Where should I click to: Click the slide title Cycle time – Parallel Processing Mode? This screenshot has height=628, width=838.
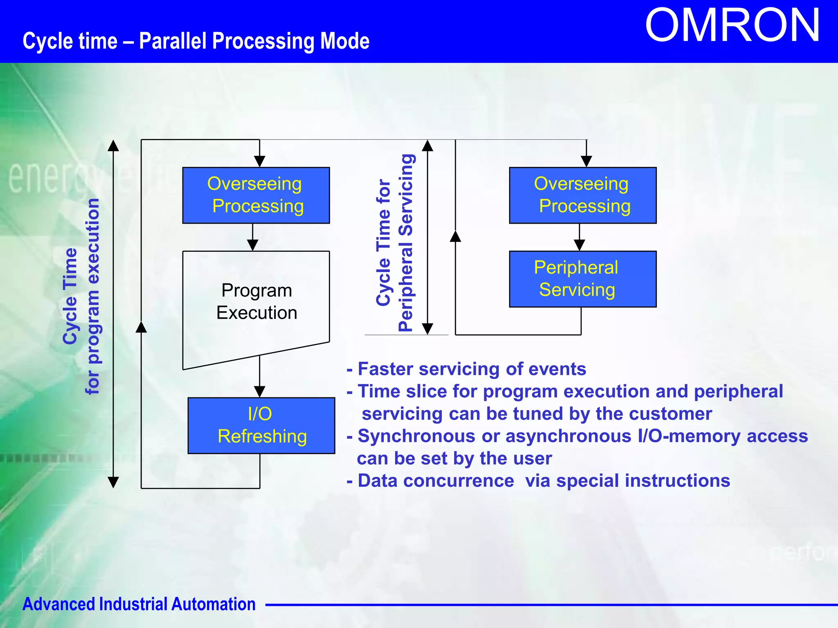[196, 41]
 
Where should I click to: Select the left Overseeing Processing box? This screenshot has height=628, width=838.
[256, 195]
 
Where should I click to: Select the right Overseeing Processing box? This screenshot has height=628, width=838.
[582, 195]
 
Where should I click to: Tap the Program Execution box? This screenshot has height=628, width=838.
[256, 302]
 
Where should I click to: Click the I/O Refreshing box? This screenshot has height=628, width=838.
[261, 425]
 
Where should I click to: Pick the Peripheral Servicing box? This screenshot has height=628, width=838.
[582, 279]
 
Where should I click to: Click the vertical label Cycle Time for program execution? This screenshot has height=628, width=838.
[81, 296]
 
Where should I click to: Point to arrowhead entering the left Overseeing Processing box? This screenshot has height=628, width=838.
[259, 162]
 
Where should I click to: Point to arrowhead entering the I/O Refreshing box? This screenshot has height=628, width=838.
[259, 392]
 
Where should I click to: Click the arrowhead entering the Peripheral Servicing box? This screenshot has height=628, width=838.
[579, 245]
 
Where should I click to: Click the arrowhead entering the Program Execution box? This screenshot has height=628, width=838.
[252, 245]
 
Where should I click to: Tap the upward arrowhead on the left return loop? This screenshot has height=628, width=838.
[141, 327]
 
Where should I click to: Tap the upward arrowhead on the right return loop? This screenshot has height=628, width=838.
[455, 236]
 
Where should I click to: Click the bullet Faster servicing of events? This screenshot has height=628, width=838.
[466, 369]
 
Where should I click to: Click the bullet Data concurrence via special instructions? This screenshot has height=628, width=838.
[538, 480]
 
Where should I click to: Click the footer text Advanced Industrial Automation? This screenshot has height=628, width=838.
[139, 604]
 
